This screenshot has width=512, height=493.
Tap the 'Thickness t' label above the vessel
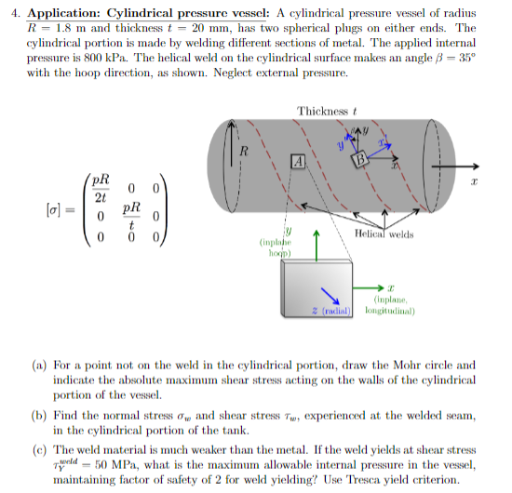[328, 112]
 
